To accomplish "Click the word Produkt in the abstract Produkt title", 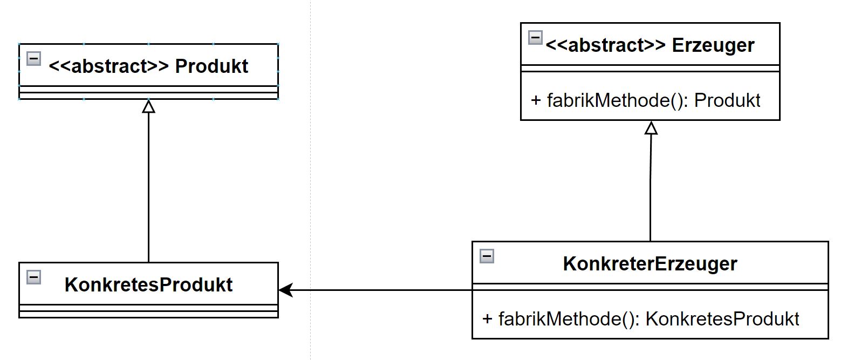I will click(211, 66).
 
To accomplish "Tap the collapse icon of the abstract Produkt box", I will click(33, 58).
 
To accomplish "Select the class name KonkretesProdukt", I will click(148, 284).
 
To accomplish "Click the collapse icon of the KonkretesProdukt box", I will click(33, 277).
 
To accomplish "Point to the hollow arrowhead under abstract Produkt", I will click(148, 106).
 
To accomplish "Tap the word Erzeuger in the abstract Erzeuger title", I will click(713, 45).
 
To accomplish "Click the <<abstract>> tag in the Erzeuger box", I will click(606, 45).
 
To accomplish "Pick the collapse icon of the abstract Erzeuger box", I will click(535, 37).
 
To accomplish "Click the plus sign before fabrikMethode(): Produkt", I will click(536, 100).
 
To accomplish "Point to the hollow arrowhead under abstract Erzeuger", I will click(651, 128).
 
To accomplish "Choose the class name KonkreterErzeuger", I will click(650, 263).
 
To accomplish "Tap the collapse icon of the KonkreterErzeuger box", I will click(487, 256).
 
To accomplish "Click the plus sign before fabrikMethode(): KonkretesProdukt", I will click(487, 318).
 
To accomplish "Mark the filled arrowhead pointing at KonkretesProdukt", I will click(285, 290).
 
